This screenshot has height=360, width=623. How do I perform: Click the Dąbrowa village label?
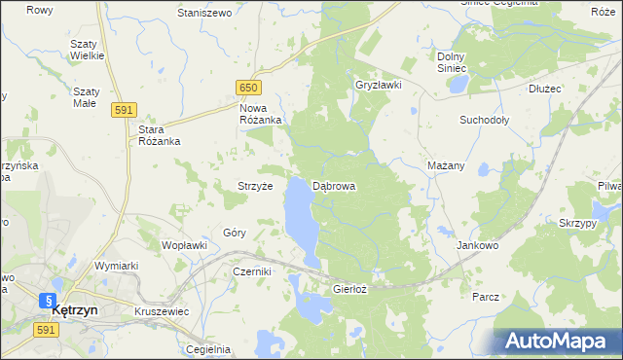pos(334,185)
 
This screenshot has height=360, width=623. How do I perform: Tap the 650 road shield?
pos(248,89)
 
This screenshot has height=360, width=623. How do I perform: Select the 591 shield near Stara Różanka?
pos(123,111)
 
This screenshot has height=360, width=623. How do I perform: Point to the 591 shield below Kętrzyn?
pos(45,331)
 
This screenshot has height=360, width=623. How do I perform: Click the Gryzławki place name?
pos(379,85)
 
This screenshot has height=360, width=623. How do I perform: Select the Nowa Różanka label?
pos(260,114)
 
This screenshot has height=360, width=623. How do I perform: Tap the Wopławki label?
pos(184,245)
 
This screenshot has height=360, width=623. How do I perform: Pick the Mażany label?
pos(446,165)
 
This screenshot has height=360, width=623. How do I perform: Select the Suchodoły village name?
pos(485,121)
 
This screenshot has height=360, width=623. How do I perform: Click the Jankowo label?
pos(477,246)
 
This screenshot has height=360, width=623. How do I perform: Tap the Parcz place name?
pos(485,296)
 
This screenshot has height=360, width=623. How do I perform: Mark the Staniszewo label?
pos(204,14)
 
